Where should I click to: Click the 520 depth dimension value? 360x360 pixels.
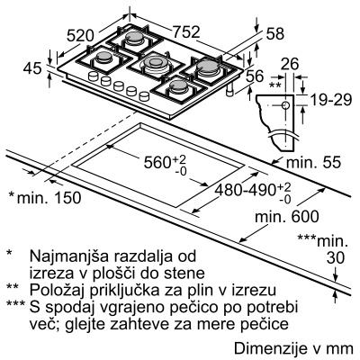pyautogui.click(x=80, y=36)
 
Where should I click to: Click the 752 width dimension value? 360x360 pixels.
pyautogui.click(x=186, y=32)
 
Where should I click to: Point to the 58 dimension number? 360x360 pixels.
pyautogui.click(x=274, y=34)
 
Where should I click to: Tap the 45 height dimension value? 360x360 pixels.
pyautogui.click(x=32, y=68)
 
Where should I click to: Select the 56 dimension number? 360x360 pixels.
pyautogui.click(x=255, y=76)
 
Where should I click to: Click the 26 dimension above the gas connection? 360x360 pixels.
pyautogui.click(x=291, y=64)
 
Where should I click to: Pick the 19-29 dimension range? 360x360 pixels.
pyautogui.click(x=330, y=99)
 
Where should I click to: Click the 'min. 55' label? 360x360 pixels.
pyautogui.click(x=314, y=162)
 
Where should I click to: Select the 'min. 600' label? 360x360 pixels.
pyautogui.click(x=286, y=216)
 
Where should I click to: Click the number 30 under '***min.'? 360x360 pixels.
pyautogui.click(x=336, y=258)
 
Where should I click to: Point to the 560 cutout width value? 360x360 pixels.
pyautogui.click(x=157, y=162)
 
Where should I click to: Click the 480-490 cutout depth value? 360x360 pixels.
pyautogui.click(x=246, y=190)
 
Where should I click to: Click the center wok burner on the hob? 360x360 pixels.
pyautogui.click(x=155, y=63)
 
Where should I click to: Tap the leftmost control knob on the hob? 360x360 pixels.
pyautogui.click(x=94, y=76)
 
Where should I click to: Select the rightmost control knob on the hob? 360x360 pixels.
pyautogui.click(x=145, y=96)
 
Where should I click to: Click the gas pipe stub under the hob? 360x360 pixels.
pyautogui.click(x=230, y=90)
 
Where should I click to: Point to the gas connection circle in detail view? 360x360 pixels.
pyautogui.click(x=285, y=105)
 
